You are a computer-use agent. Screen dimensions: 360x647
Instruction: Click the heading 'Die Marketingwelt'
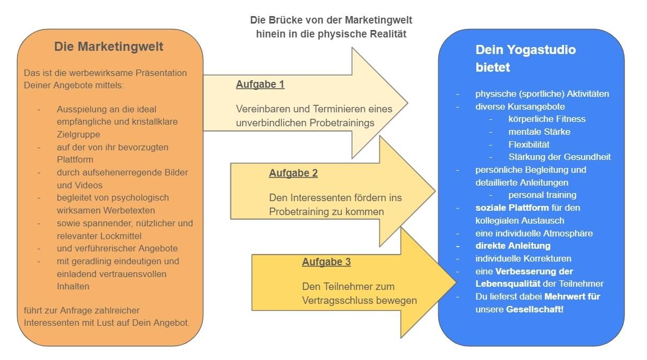coord(109,47)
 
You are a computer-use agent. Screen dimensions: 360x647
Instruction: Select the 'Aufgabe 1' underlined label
coord(260,85)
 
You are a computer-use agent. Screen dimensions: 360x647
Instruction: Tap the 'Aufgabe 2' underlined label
coord(293,173)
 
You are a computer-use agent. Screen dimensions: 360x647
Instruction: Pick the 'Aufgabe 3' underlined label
coord(326,262)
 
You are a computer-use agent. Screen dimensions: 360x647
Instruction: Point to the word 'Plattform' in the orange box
coord(75,159)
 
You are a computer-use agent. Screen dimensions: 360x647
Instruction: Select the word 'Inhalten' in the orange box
coord(73,287)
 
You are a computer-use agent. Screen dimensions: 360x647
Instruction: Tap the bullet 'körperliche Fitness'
coord(546,119)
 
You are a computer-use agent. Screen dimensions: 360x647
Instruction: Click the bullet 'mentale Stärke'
coord(539,132)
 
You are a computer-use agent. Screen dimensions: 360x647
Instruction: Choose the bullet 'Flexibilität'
coord(529,144)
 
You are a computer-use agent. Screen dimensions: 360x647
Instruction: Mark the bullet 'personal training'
coord(542,195)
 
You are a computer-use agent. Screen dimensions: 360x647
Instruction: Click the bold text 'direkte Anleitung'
coord(513,246)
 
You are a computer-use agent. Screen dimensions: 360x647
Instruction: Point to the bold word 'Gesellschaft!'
coord(535,309)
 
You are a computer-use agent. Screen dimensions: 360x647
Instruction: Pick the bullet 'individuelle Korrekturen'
coord(523,259)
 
